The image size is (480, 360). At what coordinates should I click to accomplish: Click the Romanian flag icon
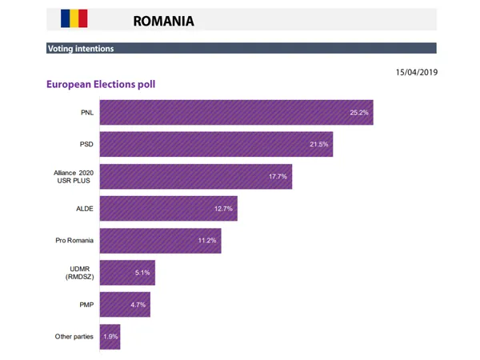point(74,18)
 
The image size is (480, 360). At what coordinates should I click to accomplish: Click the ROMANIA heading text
point(163,20)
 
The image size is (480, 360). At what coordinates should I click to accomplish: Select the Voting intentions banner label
point(81,49)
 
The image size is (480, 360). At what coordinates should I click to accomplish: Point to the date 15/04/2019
point(417,72)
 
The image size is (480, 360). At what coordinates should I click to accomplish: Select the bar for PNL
point(235,112)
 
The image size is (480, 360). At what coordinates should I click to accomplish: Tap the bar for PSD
point(215,144)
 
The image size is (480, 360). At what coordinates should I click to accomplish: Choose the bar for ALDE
point(168,208)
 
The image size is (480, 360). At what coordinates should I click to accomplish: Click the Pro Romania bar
point(160,240)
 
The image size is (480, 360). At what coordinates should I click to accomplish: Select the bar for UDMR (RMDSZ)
point(126,272)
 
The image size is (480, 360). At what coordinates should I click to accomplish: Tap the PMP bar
point(124,304)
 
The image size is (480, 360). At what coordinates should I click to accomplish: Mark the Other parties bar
point(110,336)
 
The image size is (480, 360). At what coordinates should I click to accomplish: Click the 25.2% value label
point(359,112)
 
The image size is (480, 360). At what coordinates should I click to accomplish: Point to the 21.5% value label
point(318,144)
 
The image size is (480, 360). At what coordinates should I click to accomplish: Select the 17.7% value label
point(278,176)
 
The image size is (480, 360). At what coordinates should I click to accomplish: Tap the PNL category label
point(87,112)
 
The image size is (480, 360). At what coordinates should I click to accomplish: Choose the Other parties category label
point(73,336)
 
